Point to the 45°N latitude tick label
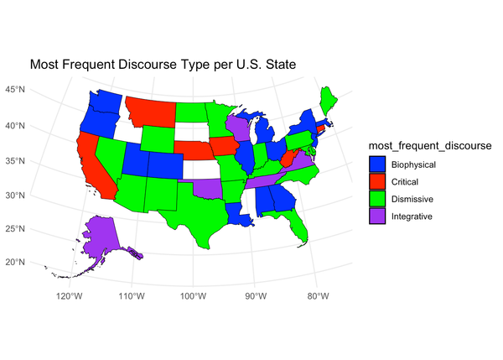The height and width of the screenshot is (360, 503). (x=14, y=90)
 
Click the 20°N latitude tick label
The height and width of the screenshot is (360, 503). (x=14, y=262)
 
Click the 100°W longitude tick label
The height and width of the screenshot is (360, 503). (x=193, y=295)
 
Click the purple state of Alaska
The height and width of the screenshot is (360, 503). (x=101, y=234)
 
